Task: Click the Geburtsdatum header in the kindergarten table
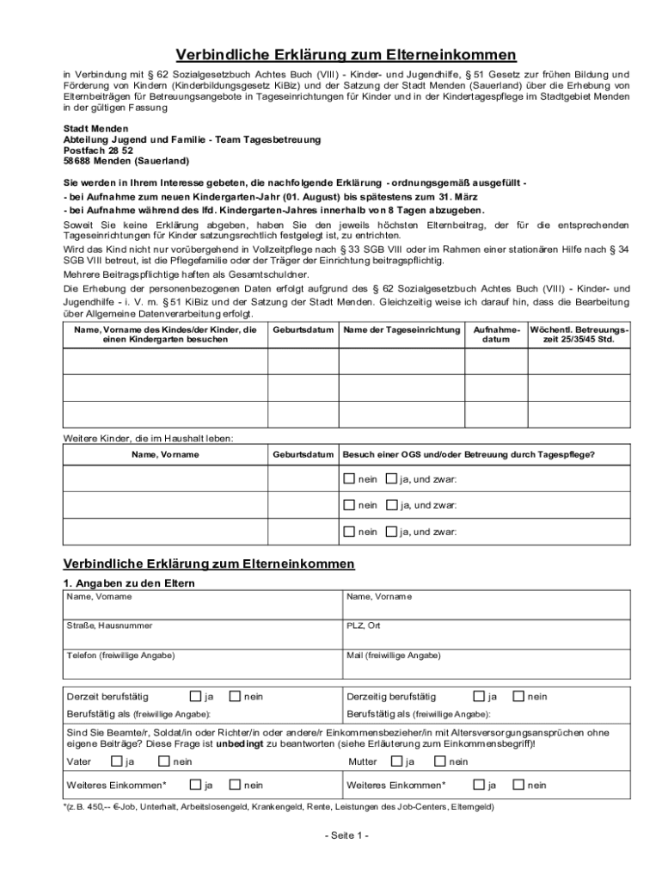pos(303,330)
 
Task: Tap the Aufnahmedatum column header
pos(496,335)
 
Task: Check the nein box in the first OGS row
pos(348,479)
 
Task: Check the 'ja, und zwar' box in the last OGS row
pos(391,532)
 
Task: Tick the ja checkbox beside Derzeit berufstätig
pos(196,696)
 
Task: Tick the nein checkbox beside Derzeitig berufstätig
pos(519,696)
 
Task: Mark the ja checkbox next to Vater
pos(116,761)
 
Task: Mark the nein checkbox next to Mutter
pos(439,761)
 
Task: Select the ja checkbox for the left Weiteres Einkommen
pos(196,785)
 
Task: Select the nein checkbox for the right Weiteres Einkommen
pos(519,785)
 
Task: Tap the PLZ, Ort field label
pos(363,625)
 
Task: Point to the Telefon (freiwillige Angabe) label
pos(120,656)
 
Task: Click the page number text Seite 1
pos(346,836)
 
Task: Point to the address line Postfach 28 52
pos(98,150)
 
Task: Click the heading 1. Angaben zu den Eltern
pos(130,583)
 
